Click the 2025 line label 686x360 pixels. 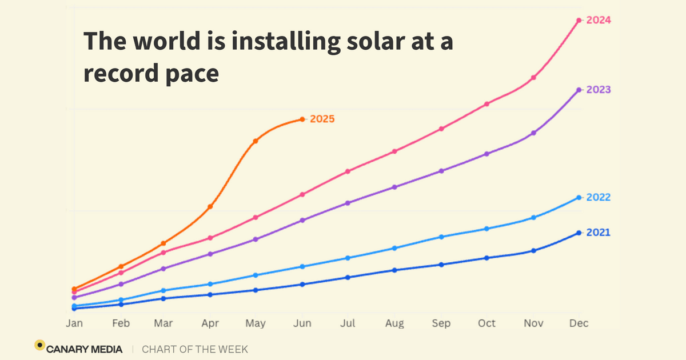pos(322,119)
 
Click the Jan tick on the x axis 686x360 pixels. pos(74,323)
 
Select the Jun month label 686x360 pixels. pos(302,323)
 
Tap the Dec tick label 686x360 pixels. pos(579,323)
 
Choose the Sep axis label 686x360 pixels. pos(441,323)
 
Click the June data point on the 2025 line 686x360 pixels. pos(302,119)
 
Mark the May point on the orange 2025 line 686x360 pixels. pos(256,141)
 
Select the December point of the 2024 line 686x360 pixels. pos(579,21)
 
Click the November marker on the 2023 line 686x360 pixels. pos(533,133)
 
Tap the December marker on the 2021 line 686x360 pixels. pos(579,233)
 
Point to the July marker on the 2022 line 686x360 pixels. pos(348,258)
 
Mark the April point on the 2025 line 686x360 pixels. pos(210,206)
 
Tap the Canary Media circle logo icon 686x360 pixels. pos(39,345)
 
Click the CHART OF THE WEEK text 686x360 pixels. pos(195,349)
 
